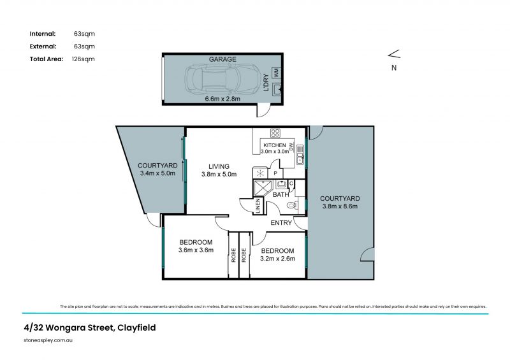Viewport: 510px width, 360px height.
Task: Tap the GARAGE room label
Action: tap(222, 59)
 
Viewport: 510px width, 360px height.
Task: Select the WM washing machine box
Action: tap(277, 73)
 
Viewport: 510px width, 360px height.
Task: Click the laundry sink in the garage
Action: tap(277, 90)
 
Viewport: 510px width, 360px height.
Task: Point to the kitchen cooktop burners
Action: tap(275, 133)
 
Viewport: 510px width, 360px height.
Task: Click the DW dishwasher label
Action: tap(291, 147)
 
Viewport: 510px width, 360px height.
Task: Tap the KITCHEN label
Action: tap(275, 146)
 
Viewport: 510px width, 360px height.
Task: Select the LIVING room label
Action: tap(218, 167)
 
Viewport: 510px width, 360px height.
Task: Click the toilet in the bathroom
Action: tap(291, 205)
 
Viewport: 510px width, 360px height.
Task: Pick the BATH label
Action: tap(281, 194)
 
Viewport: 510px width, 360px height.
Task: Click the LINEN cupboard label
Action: tap(259, 206)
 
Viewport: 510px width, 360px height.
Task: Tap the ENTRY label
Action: tap(281, 223)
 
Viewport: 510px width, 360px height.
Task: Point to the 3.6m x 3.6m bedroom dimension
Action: tap(196, 250)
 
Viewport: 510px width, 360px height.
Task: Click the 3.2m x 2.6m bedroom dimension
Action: tap(277, 259)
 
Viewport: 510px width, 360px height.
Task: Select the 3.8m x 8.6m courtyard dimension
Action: tap(340, 206)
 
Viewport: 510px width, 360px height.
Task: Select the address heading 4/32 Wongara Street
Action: tap(89, 328)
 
